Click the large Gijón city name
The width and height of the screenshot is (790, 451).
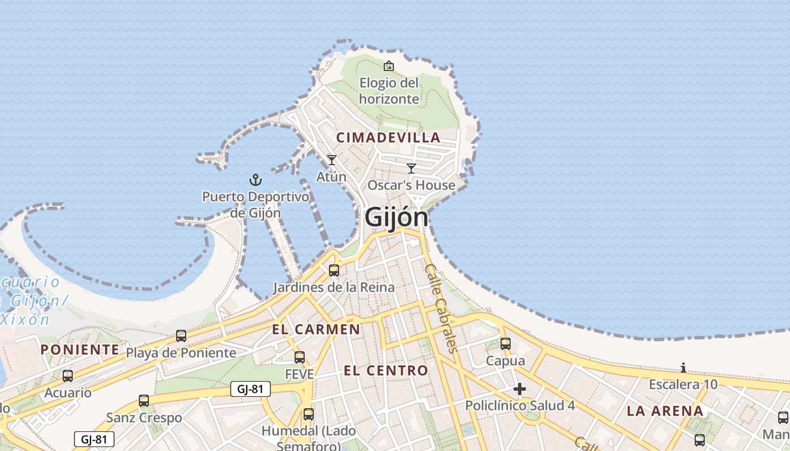(396, 217)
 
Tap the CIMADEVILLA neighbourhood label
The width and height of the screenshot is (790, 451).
(388, 137)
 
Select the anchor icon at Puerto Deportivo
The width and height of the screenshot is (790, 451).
(256, 180)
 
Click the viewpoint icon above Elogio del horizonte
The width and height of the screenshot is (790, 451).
(389, 67)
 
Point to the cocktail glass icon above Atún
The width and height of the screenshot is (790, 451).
(332, 160)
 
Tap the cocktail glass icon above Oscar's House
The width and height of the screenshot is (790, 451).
(411, 168)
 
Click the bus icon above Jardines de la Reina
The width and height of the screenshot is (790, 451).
(334, 271)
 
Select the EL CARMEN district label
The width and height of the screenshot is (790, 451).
(316, 329)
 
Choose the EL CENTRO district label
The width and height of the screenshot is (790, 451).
(386, 370)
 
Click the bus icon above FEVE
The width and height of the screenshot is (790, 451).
(300, 357)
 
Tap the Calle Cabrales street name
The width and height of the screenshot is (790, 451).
(440, 308)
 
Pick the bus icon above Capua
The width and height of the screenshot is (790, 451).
(506, 343)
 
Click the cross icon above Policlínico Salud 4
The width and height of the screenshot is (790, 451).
(520, 389)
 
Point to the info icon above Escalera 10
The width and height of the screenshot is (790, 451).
(683, 368)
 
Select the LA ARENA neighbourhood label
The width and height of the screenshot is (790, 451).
(665, 411)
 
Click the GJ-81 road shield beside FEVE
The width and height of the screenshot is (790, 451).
(251, 389)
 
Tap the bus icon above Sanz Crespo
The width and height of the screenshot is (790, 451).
(144, 401)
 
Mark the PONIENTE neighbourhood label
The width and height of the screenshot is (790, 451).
(80, 350)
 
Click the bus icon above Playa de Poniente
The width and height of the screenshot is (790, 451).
(181, 336)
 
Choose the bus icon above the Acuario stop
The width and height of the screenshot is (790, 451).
(68, 376)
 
